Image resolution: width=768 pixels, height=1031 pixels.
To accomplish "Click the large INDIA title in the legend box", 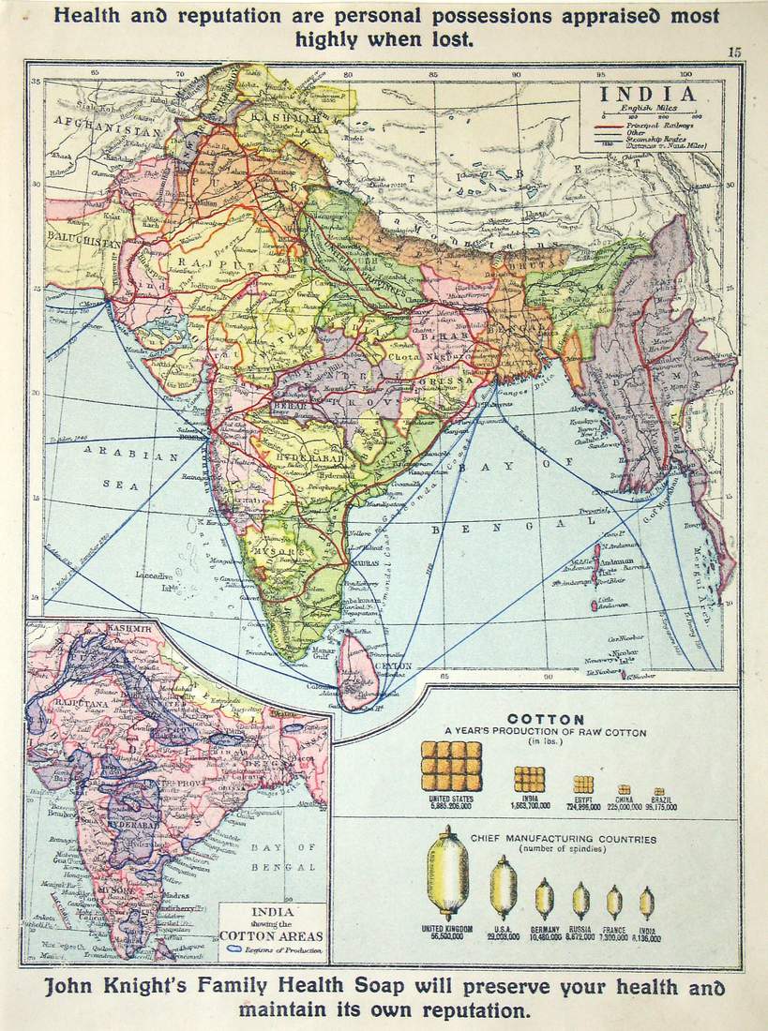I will [x=648, y=95].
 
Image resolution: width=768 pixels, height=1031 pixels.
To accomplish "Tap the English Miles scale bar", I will [x=648, y=114].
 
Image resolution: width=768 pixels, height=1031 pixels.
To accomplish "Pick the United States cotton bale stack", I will [x=451, y=766].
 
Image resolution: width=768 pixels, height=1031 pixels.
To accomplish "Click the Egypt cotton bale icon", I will [x=582, y=784].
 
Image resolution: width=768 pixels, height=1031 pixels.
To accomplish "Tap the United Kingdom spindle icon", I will [x=447, y=876].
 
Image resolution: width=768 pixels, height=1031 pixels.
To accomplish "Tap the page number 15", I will [x=733, y=52].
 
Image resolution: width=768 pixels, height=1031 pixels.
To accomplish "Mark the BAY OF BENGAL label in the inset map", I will [x=281, y=857].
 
